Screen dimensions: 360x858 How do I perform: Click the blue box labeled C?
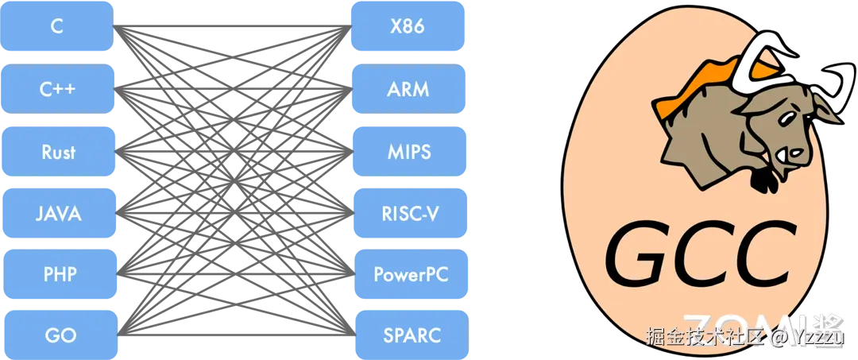[57, 25]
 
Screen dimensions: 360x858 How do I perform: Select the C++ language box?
[57, 88]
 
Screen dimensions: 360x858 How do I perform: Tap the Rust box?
[57, 151]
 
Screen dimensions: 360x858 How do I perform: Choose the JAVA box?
[57, 213]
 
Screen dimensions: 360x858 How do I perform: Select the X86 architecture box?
[408, 25]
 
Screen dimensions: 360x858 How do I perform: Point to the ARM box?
[408, 88]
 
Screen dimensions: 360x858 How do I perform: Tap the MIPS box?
[408, 151]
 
